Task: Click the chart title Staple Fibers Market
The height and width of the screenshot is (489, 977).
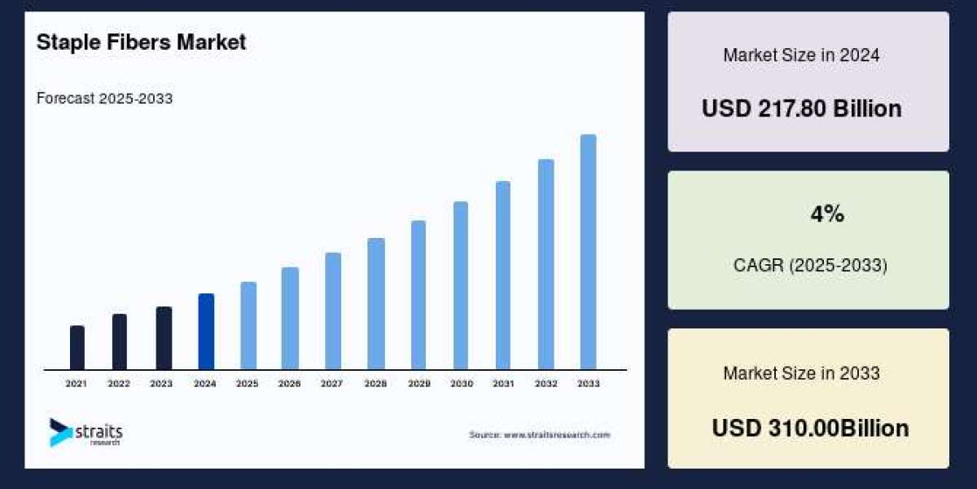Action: (141, 43)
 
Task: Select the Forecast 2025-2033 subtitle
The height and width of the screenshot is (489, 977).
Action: (104, 99)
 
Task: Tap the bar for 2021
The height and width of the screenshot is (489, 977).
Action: (77, 348)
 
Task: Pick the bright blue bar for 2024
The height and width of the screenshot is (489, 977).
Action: (206, 332)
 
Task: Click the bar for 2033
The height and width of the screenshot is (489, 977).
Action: (588, 252)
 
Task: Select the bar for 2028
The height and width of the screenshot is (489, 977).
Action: (375, 303)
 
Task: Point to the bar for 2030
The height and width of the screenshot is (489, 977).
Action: (461, 285)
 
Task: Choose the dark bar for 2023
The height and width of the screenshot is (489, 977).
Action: (164, 338)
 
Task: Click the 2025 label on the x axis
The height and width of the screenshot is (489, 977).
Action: (248, 383)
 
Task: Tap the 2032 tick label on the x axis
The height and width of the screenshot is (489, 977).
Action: (545, 383)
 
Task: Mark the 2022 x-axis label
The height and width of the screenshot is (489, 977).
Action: (119, 383)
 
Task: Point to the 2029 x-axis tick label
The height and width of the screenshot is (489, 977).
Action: (418, 383)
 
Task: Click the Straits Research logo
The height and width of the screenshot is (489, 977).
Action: (85, 432)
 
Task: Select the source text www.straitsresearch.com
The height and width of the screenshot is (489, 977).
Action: (539, 435)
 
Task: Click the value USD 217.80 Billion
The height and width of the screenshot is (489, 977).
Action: (802, 109)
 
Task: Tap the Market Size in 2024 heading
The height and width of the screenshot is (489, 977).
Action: (801, 55)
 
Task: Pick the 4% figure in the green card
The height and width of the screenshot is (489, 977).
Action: (826, 214)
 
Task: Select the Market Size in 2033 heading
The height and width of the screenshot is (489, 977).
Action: (801, 373)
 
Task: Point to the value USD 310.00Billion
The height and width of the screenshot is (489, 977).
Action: (810, 428)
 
